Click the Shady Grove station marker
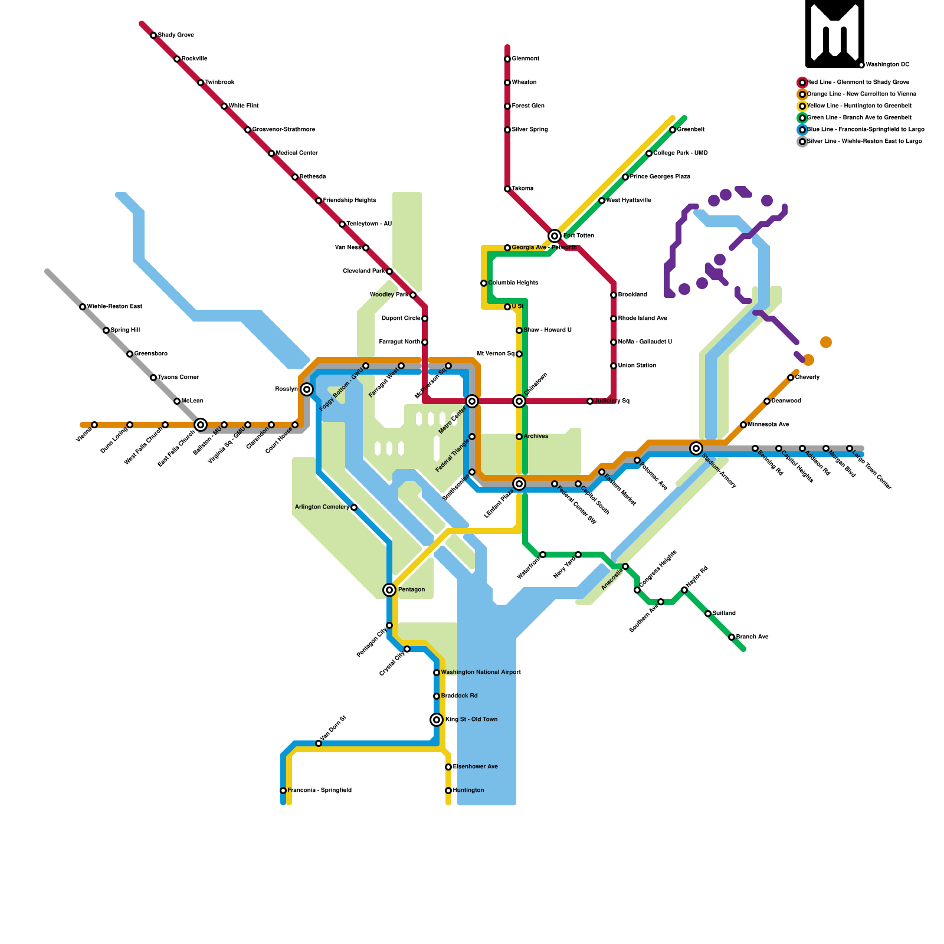153,35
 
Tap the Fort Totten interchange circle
555,236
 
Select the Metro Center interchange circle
472,401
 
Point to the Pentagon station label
411,590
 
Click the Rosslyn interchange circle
307,389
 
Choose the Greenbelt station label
690,130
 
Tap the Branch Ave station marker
732,637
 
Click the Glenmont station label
525,59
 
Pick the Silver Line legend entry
864,142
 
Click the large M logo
835,34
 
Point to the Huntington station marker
448,791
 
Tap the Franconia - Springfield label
319,791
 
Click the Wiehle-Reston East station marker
83,307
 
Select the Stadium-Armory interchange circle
696,448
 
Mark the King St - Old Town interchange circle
437,720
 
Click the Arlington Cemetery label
322,507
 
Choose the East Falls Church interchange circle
201,425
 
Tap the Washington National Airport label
480,673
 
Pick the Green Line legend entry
858,118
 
